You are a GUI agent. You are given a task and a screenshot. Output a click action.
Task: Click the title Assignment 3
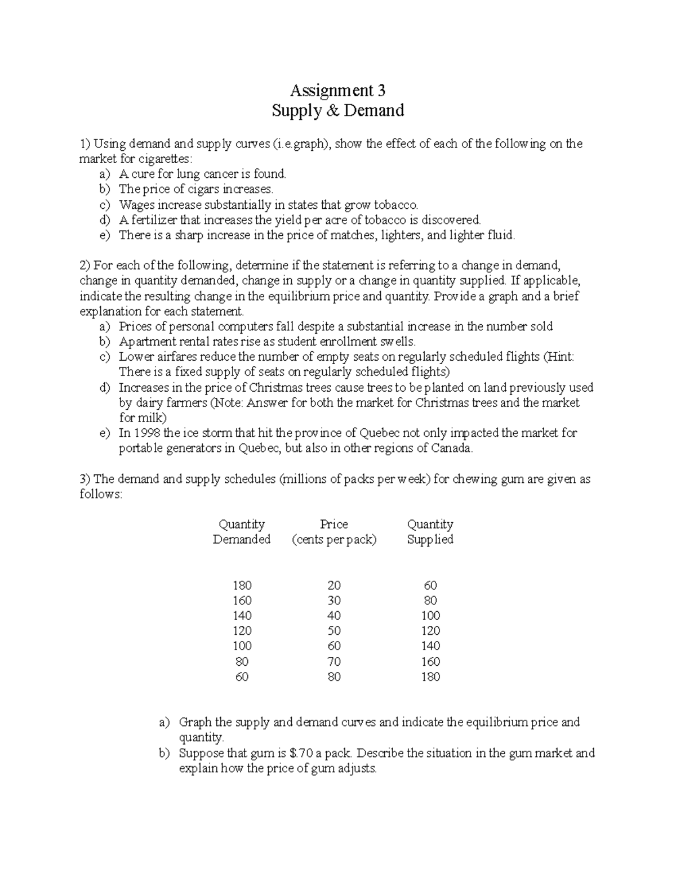(x=337, y=90)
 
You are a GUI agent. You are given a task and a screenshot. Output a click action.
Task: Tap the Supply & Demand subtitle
(x=337, y=110)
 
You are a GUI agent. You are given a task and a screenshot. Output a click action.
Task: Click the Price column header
(x=334, y=525)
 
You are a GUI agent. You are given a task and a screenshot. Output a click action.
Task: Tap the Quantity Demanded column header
(x=242, y=532)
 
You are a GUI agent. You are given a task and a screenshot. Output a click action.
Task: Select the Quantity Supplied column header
(x=430, y=532)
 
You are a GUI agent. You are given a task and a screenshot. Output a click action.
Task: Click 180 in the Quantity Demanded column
(x=242, y=585)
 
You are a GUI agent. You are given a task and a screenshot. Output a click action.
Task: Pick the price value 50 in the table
(x=334, y=631)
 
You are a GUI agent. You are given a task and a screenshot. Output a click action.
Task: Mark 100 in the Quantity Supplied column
(x=430, y=616)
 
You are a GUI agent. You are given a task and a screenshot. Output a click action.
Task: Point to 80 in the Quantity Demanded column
(x=242, y=662)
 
